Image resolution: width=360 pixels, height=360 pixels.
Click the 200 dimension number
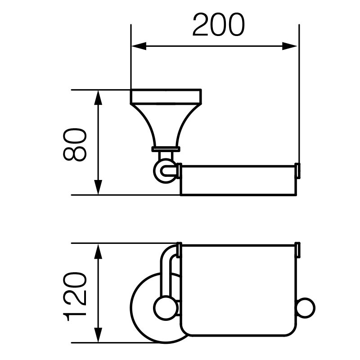pyautogui.click(x=219, y=25)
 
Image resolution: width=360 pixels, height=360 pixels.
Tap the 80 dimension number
pyautogui.click(x=75, y=144)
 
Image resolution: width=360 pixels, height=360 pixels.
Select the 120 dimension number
pyautogui.click(x=75, y=297)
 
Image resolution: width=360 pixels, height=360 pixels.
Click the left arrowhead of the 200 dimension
pyautogui.click(x=139, y=46)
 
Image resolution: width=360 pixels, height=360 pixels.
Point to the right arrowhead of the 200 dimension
pyautogui.click(x=290, y=46)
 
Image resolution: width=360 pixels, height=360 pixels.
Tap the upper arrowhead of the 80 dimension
pyautogui.click(x=98, y=98)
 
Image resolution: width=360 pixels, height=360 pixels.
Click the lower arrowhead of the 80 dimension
pyautogui.click(x=98, y=187)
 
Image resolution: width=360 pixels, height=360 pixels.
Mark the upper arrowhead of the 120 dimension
pyautogui.click(x=98, y=252)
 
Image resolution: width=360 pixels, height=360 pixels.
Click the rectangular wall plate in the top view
pyautogui.click(x=166, y=96)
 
